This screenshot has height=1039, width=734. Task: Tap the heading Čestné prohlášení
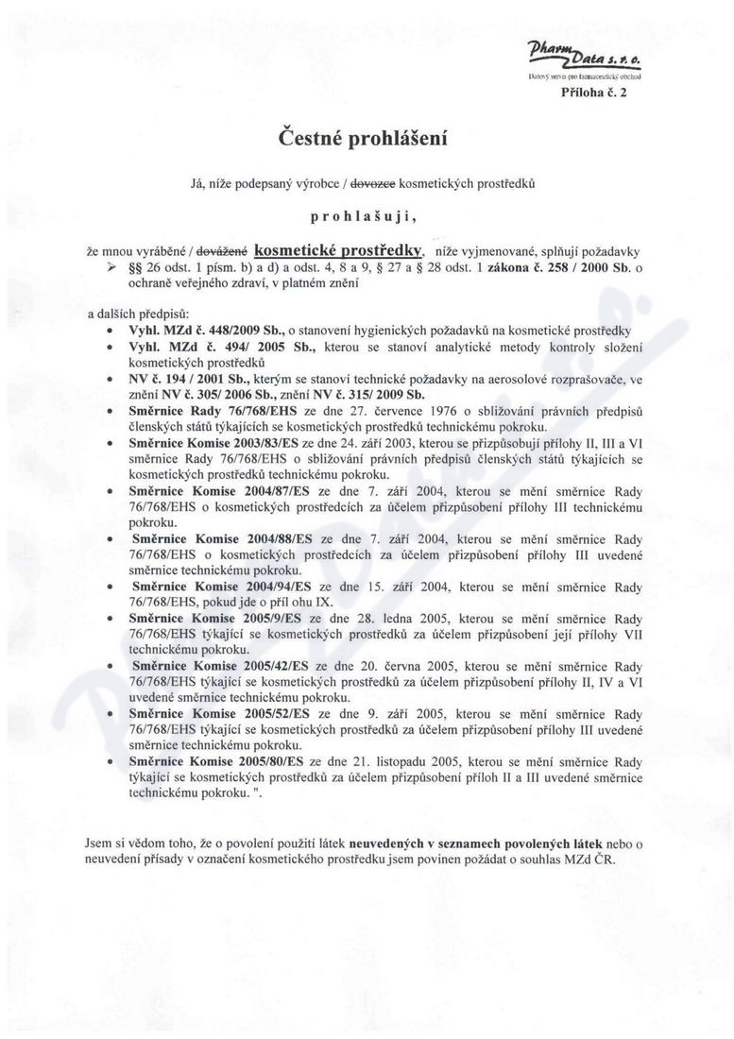363,139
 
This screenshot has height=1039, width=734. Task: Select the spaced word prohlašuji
363,216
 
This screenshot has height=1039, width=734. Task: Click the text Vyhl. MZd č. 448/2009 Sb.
195,330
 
